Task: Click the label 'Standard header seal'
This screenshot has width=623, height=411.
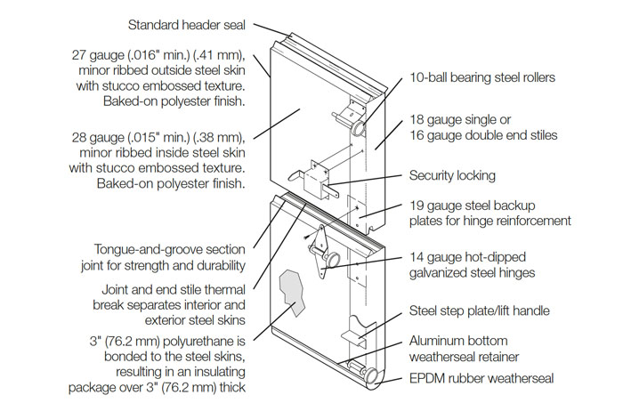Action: pyautogui.click(x=187, y=27)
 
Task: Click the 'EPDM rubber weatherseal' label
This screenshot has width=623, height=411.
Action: pyautogui.click(x=481, y=379)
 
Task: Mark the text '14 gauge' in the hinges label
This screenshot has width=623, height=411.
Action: pyautogui.click(x=436, y=257)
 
